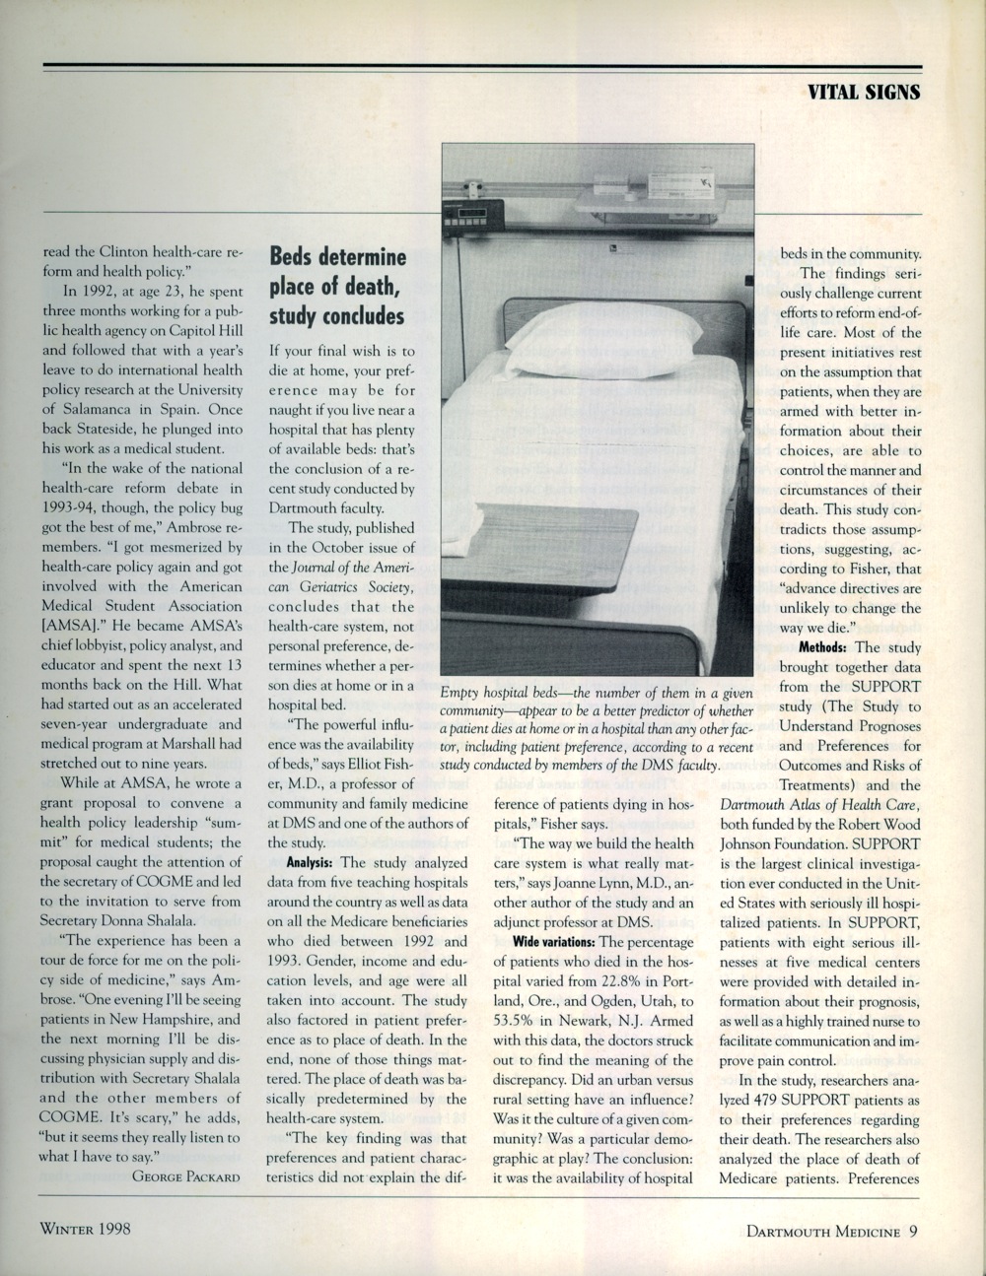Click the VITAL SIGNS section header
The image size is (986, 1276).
[x=863, y=92]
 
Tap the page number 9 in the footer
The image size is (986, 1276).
[x=914, y=1229]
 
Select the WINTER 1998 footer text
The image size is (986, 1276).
[x=85, y=1229]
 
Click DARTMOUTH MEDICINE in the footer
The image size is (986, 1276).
[x=822, y=1230]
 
